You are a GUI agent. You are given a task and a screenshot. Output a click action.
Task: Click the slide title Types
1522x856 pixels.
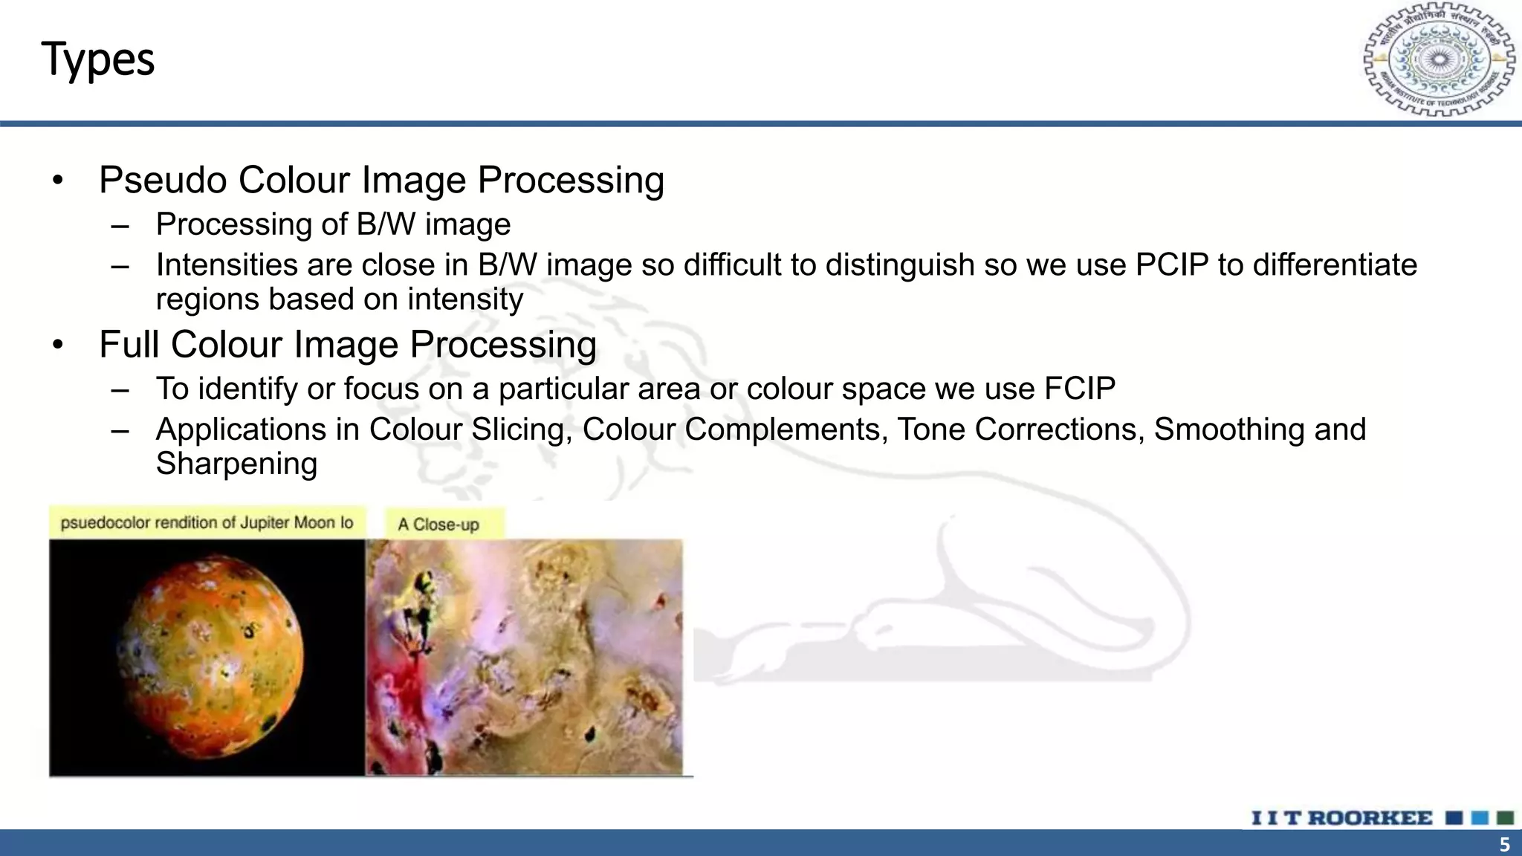(97, 59)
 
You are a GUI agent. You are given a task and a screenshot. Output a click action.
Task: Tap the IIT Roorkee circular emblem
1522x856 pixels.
(1439, 59)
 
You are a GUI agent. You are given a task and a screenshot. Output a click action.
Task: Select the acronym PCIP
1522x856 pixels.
(1172, 265)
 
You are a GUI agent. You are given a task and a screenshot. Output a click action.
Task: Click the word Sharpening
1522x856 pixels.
(236, 464)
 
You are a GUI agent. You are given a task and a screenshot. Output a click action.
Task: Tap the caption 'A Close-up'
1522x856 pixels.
(438, 525)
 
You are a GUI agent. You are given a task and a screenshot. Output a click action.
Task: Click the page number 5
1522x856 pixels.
(1504, 845)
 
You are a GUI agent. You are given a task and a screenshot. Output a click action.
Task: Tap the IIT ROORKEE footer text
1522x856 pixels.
(1341, 818)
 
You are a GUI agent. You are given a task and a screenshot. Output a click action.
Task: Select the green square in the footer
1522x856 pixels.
(1506, 818)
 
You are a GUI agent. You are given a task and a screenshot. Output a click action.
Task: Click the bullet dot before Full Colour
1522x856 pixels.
(58, 345)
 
